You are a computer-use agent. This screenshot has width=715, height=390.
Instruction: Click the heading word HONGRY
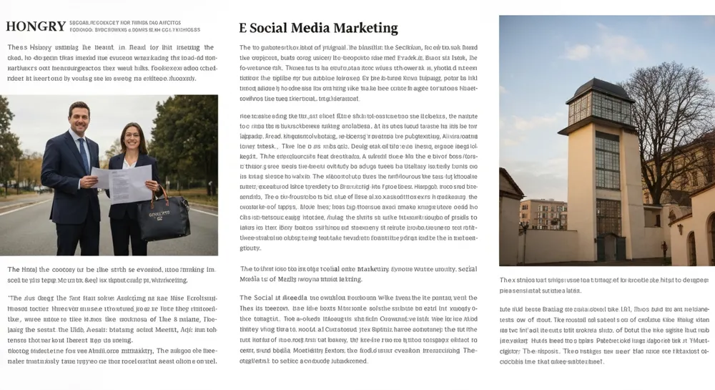[x=36, y=26]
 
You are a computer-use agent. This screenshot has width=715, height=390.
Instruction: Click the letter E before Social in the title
[x=243, y=29]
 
